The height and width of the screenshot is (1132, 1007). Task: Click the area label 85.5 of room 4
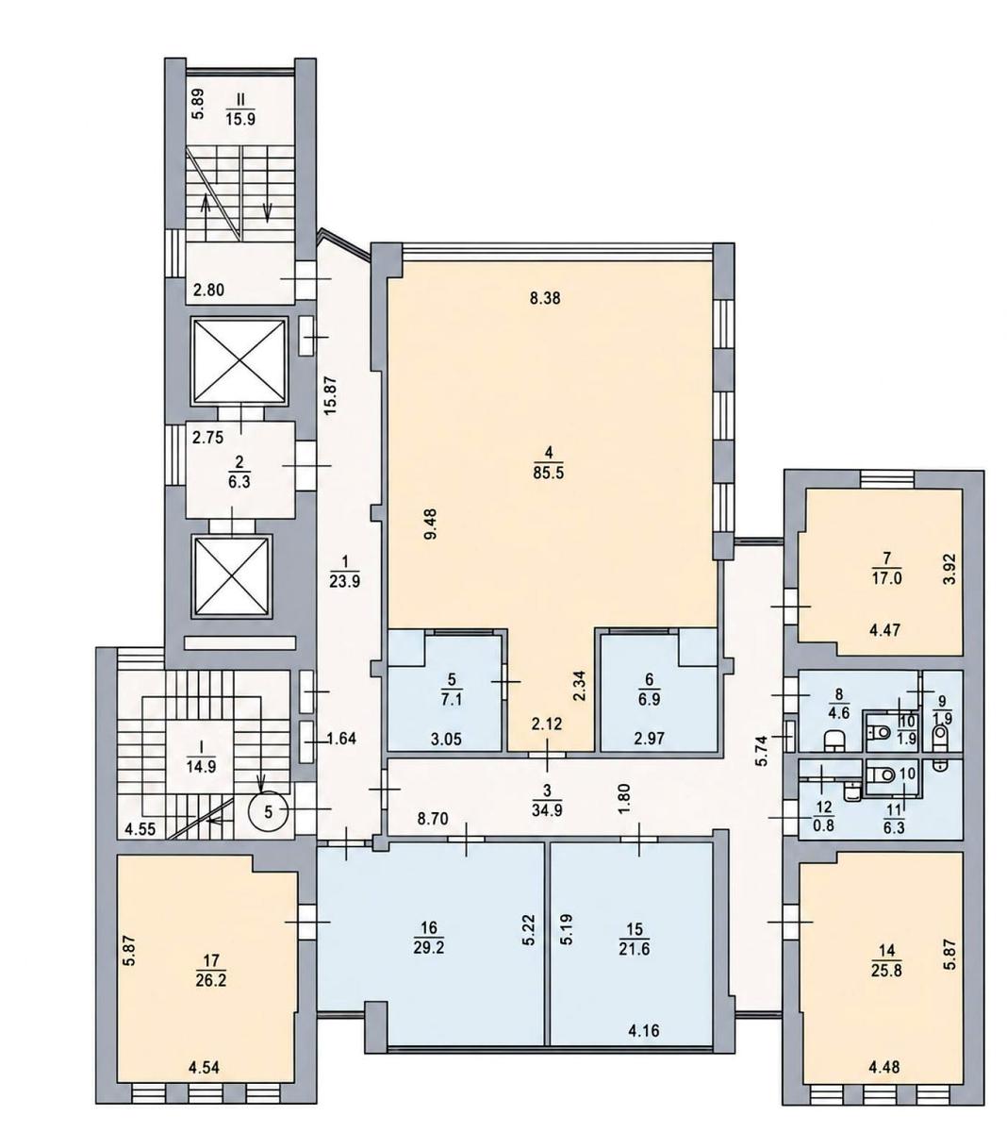tap(550, 473)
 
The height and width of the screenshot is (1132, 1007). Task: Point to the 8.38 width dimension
tap(545, 298)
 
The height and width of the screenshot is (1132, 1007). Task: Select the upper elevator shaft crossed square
tap(239, 361)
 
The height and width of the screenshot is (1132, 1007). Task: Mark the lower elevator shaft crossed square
tap(232, 576)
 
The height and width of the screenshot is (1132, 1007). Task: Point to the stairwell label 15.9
tap(240, 119)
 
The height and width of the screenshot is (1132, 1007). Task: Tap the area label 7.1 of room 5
tap(452, 700)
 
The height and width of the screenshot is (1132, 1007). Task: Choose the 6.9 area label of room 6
tap(650, 699)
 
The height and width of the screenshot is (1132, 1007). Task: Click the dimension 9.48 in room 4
tap(430, 524)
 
